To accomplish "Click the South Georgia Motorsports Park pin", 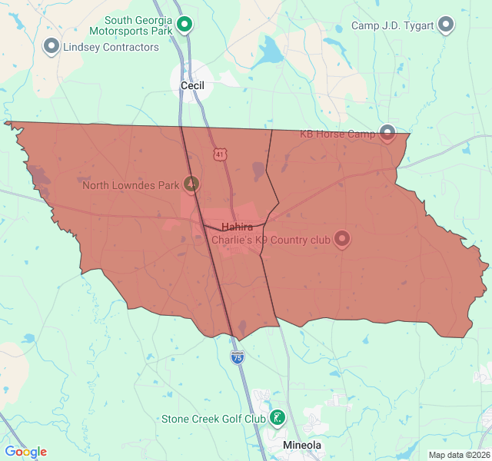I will point(184,25).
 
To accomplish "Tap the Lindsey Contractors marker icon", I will point(52,46).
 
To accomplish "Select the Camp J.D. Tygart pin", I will point(446,25).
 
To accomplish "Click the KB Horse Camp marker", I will point(387,134).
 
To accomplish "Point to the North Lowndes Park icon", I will point(191,184).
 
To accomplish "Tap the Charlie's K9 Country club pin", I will point(342,239).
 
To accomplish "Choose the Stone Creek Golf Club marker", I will point(277,418).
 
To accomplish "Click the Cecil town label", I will point(192,85).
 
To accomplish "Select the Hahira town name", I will point(238,227).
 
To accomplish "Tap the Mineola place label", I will point(302,446).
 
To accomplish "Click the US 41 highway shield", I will point(221,154).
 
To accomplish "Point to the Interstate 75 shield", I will point(238,357).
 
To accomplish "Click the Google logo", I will point(25,452).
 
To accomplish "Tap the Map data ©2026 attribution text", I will point(458,455).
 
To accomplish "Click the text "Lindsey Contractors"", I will point(111,47).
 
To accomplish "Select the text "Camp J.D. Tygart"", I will point(392,25).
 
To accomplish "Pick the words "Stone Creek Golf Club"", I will point(213,419).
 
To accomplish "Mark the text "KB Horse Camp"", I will point(337,134).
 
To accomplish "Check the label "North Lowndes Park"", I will point(131,184).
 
